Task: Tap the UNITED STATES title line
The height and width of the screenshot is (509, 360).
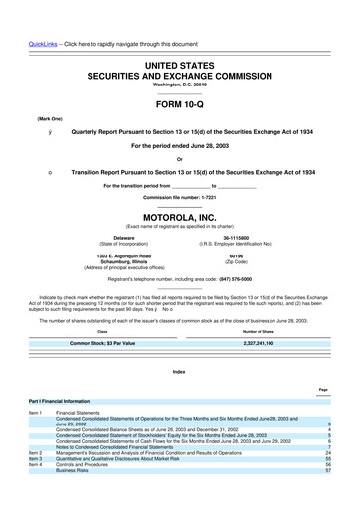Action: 179,64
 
